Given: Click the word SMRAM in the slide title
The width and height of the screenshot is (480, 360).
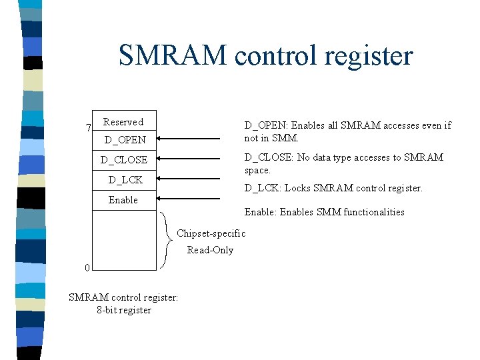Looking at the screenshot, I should [173, 55].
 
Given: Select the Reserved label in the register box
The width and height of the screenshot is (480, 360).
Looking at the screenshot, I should [123, 122].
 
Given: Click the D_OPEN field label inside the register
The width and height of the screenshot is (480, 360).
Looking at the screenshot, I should [125, 140].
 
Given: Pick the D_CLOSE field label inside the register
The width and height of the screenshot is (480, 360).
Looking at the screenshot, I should [124, 160].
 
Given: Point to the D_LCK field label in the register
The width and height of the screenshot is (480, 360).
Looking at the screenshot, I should [125, 179].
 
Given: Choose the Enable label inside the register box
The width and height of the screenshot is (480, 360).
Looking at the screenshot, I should [123, 200].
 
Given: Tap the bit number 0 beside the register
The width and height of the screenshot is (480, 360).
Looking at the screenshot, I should [87, 268].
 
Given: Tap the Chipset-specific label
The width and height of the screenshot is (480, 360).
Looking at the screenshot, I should [211, 233].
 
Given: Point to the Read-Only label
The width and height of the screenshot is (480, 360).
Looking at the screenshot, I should [210, 250].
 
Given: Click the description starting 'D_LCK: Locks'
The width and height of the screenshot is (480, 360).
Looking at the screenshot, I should [333, 188].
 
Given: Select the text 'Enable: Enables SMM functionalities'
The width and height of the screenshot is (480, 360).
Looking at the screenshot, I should [324, 212].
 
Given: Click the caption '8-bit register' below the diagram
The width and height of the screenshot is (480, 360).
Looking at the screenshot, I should [124, 310].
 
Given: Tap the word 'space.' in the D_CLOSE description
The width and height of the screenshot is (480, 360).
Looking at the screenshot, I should [257, 170].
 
